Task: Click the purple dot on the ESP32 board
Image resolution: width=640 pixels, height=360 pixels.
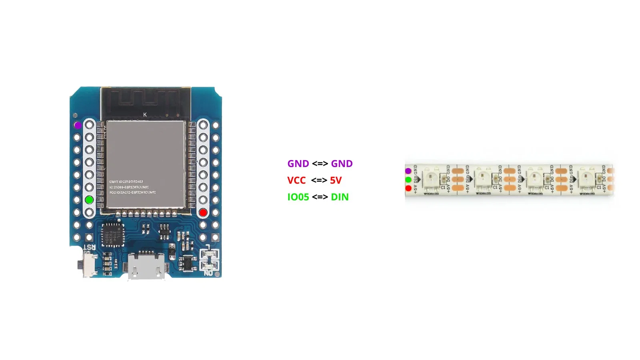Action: pyautogui.click(x=78, y=125)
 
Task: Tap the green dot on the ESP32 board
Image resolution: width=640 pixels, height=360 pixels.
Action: pyautogui.click(x=89, y=200)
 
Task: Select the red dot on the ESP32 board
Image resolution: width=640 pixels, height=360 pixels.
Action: pyautogui.click(x=203, y=212)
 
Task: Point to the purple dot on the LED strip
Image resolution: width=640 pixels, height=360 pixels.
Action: pyautogui.click(x=408, y=171)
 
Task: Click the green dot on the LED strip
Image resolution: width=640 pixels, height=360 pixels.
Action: pyautogui.click(x=408, y=180)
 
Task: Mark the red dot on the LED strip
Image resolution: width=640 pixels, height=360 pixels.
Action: pyautogui.click(x=408, y=188)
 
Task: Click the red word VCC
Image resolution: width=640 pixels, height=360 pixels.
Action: pyautogui.click(x=296, y=180)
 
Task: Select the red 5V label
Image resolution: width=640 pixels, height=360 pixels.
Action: pyautogui.click(x=336, y=180)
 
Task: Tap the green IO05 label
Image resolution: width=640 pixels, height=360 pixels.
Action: pyautogui.click(x=298, y=197)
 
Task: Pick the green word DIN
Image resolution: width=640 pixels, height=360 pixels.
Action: pyautogui.click(x=340, y=197)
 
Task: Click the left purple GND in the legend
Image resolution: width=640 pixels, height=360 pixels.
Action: pyautogui.click(x=298, y=164)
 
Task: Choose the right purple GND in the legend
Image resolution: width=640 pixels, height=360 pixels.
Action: pyautogui.click(x=342, y=164)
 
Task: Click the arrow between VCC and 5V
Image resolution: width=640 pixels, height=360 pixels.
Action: pyautogui.click(x=319, y=180)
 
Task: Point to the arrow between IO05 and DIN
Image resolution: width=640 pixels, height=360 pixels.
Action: pyautogui.click(x=320, y=197)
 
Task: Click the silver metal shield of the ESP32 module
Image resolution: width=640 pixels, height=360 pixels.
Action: pyautogui.click(x=146, y=164)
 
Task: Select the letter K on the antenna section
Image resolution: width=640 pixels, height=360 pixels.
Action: pyautogui.click(x=145, y=115)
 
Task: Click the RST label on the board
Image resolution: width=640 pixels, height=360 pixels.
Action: pyautogui.click(x=90, y=247)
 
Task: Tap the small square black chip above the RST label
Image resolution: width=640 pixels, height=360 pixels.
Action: pyautogui.click(x=113, y=235)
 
